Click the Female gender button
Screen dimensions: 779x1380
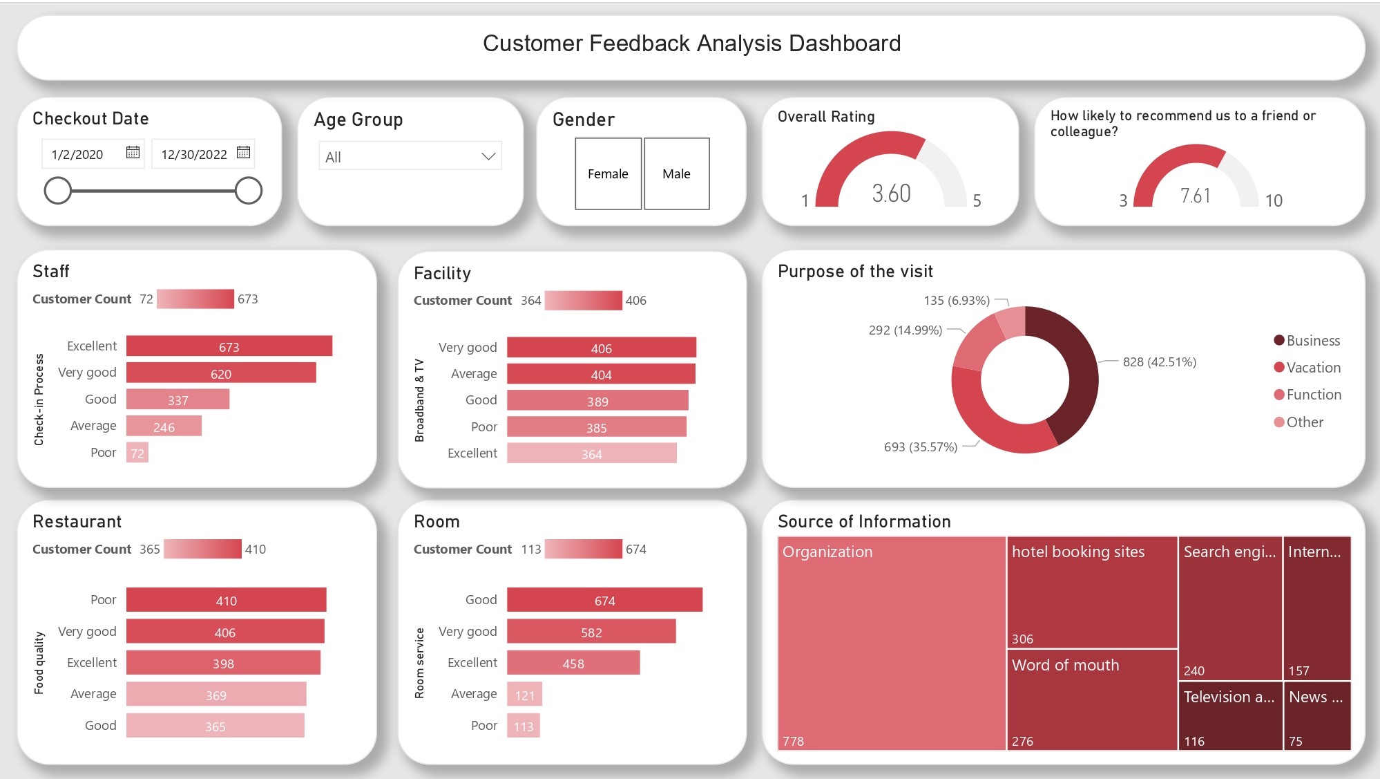pos(608,173)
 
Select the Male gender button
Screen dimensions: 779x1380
pos(676,173)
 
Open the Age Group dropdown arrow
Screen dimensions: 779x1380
pos(488,156)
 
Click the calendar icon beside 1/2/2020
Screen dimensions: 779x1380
pos(133,152)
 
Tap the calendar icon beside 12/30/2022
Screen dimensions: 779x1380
pos(243,152)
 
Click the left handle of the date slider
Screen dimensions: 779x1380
pos(58,191)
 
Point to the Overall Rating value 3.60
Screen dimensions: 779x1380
pos(891,194)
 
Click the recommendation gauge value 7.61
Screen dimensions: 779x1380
pos(1195,196)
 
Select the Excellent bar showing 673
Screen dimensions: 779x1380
pos(229,346)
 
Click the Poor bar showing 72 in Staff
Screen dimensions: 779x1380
pos(137,453)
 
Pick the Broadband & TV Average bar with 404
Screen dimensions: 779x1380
pos(601,375)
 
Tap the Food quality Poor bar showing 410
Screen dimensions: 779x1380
pos(226,600)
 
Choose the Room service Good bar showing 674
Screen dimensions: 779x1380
pos(604,600)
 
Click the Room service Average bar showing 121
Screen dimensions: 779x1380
pos(524,695)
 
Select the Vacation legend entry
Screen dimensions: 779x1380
pos(1312,368)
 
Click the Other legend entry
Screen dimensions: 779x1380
pos(1304,422)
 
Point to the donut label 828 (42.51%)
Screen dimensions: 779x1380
pos(1159,362)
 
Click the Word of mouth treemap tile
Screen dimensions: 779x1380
pos(1092,700)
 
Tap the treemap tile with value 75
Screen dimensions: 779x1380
pos(1316,715)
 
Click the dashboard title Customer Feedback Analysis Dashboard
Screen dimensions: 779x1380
pos(691,44)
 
